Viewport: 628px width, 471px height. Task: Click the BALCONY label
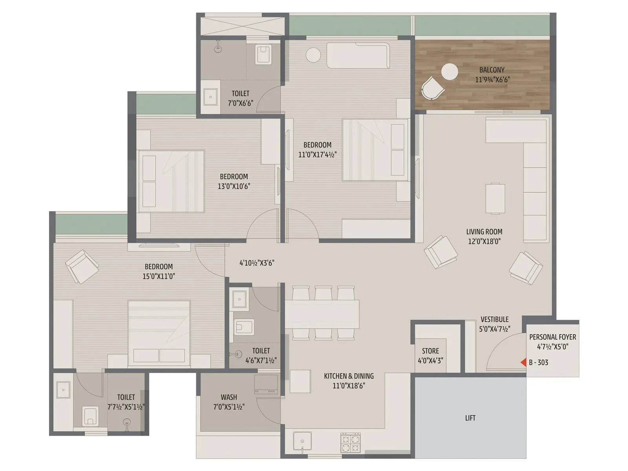492,70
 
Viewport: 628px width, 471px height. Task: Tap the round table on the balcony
449,72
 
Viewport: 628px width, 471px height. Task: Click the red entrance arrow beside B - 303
523,363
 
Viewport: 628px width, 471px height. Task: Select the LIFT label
470,418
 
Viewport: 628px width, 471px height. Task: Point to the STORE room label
431,351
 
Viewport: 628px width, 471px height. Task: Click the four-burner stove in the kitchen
351,443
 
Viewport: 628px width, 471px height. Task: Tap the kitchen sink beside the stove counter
303,442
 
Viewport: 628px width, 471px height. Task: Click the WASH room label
229,397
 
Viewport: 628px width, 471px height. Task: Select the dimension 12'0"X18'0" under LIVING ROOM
484,241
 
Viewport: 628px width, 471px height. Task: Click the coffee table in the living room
495,198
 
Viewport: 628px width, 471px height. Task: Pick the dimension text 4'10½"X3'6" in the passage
257,263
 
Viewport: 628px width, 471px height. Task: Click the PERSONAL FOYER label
553,337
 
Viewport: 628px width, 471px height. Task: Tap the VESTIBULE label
495,319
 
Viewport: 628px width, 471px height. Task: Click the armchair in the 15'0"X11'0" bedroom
82,267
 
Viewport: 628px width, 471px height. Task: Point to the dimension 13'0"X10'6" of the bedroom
234,186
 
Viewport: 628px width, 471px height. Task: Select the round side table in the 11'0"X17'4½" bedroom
314,55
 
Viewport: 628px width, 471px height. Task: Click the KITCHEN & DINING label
349,376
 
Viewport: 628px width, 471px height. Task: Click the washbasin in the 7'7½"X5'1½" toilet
63,390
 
